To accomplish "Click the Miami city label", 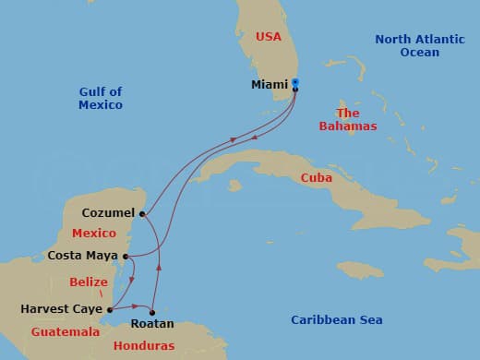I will click(269, 85).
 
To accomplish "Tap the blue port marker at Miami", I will click(295, 83).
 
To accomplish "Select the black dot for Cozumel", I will click(142, 213).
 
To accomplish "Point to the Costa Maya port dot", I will click(126, 256).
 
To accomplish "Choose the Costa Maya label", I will click(84, 256).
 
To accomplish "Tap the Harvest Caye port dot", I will click(110, 310).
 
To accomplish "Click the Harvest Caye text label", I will click(62, 310).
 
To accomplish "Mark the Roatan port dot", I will click(152, 312).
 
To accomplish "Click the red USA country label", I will click(268, 36).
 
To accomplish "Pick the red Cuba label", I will click(317, 178).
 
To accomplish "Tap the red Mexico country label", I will click(94, 234).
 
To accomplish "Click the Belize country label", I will click(90, 282).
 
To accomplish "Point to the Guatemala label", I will click(66, 331).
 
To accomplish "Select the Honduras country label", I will click(143, 346).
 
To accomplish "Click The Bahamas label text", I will click(347, 119).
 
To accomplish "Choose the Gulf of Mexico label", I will click(100, 98).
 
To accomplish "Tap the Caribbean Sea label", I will click(337, 320).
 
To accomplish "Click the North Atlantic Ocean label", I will click(412, 45).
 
